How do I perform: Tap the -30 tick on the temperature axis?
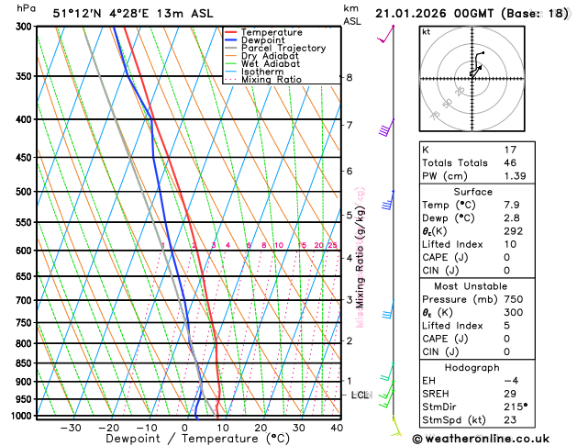[x=71, y=428]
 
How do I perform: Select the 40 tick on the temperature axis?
[x=337, y=428]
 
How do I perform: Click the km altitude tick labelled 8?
[x=350, y=77]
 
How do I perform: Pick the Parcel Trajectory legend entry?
[x=283, y=49]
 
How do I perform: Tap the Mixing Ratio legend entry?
[x=271, y=80]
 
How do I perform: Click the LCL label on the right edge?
[x=361, y=396]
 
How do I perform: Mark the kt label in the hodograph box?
[x=426, y=32]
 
